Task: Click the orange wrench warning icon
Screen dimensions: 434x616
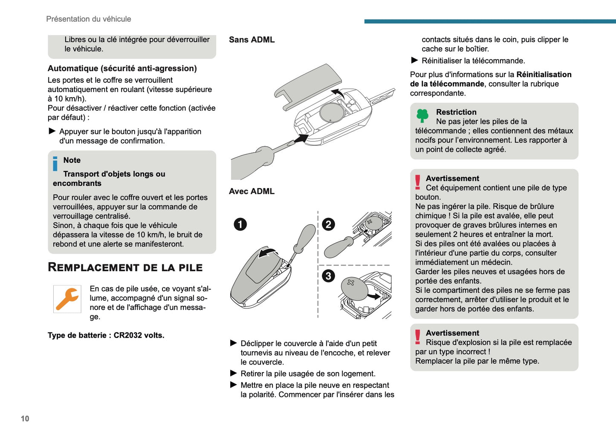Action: [67, 299]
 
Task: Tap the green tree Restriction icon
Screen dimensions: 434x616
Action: [422, 115]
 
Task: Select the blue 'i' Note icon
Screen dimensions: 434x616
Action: [55, 164]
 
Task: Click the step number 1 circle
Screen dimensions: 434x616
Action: [240, 224]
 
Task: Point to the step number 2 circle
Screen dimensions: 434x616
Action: [328, 224]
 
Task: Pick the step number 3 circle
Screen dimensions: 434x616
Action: [328, 276]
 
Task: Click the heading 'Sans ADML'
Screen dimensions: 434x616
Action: [252, 40]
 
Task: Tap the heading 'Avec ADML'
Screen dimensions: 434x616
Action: [252, 191]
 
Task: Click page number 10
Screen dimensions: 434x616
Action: [25, 419]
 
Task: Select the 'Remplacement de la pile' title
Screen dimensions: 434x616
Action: [125, 268]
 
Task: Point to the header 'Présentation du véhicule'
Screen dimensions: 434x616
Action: [89, 19]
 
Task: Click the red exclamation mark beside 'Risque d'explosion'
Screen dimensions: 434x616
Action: [418, 337]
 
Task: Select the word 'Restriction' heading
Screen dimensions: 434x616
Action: [456, 112]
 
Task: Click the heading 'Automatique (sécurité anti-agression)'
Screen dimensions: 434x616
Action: [122, 68]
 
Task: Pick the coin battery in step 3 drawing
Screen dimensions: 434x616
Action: [354, 289]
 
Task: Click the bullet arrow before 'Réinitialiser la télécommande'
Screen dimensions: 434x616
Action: [414, 61]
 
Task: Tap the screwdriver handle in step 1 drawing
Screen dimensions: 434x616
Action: [306, 237]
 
